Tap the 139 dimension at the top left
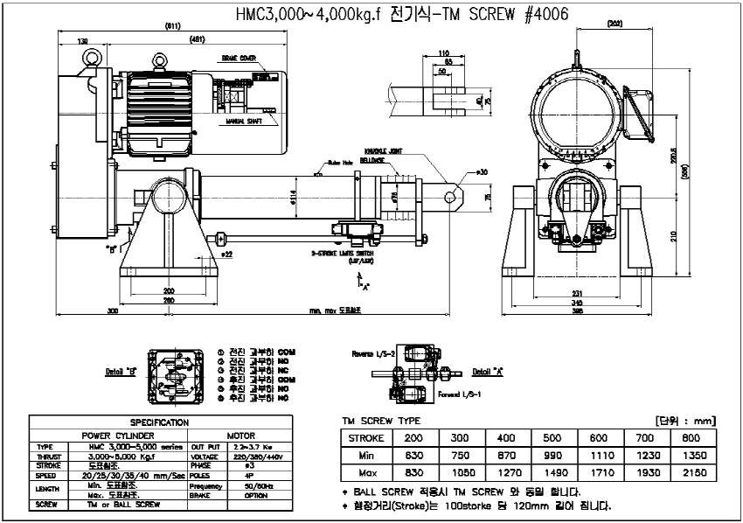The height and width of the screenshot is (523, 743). click(x=83, y=41)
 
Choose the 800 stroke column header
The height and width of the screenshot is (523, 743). click(x=690, y=436)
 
